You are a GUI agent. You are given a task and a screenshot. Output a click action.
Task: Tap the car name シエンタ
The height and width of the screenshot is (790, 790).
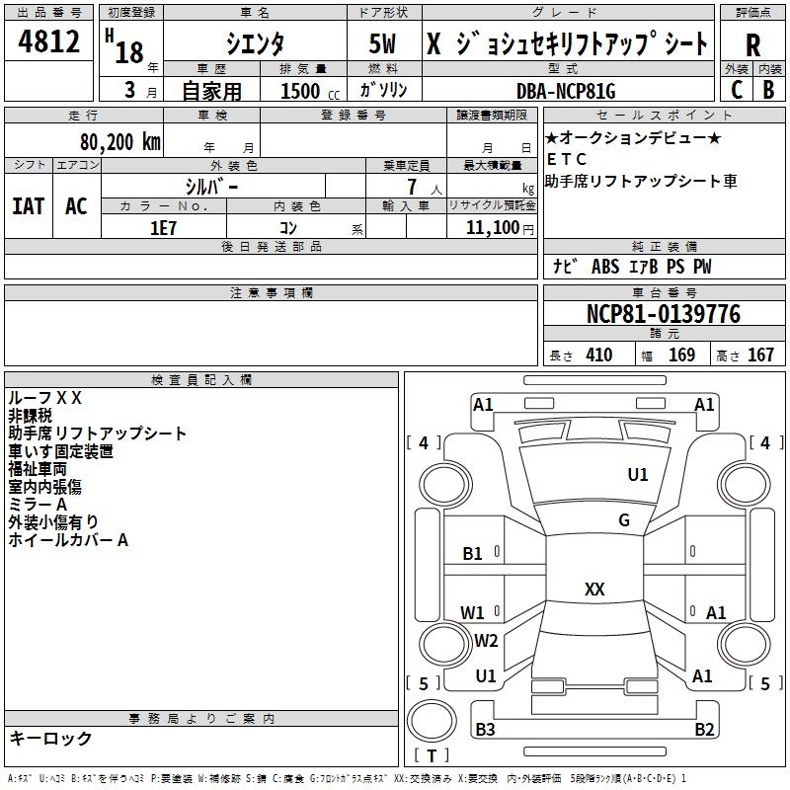pos(255,42)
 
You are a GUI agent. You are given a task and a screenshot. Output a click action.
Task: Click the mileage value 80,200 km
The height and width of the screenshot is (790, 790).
pos(119,141)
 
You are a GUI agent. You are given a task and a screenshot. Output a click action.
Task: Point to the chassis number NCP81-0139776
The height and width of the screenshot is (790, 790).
pos(663,314)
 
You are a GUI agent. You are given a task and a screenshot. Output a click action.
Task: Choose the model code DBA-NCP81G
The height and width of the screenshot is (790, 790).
pos(566,91)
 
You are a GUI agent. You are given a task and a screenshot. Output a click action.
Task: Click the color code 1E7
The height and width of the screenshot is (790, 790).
pos(163,227)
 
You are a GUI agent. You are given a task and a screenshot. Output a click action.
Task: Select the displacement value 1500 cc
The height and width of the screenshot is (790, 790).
pos(302,91)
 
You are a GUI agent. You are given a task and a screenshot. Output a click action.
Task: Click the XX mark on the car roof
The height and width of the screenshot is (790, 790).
pos(594,590)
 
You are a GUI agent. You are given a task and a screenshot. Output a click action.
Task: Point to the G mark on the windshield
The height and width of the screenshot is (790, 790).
pos(624,520)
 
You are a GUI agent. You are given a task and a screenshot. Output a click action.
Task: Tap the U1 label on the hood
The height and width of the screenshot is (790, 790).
pos(638,475)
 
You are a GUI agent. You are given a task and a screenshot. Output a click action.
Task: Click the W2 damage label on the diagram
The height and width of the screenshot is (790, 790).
pos(486,641)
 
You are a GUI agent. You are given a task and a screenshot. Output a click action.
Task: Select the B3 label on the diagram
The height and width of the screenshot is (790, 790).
pos(485,730)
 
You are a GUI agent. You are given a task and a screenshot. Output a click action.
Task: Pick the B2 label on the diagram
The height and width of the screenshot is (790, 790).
pos(704,730)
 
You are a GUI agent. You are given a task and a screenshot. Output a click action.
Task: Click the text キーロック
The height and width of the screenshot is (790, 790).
pos(50,738)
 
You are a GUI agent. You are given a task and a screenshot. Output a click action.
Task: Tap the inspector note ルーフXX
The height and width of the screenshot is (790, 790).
pos(45,398)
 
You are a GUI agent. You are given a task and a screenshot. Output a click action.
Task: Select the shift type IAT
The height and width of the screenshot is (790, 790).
pos(28,206)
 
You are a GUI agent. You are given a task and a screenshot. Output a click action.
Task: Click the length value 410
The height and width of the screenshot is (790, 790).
pos(598,355)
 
